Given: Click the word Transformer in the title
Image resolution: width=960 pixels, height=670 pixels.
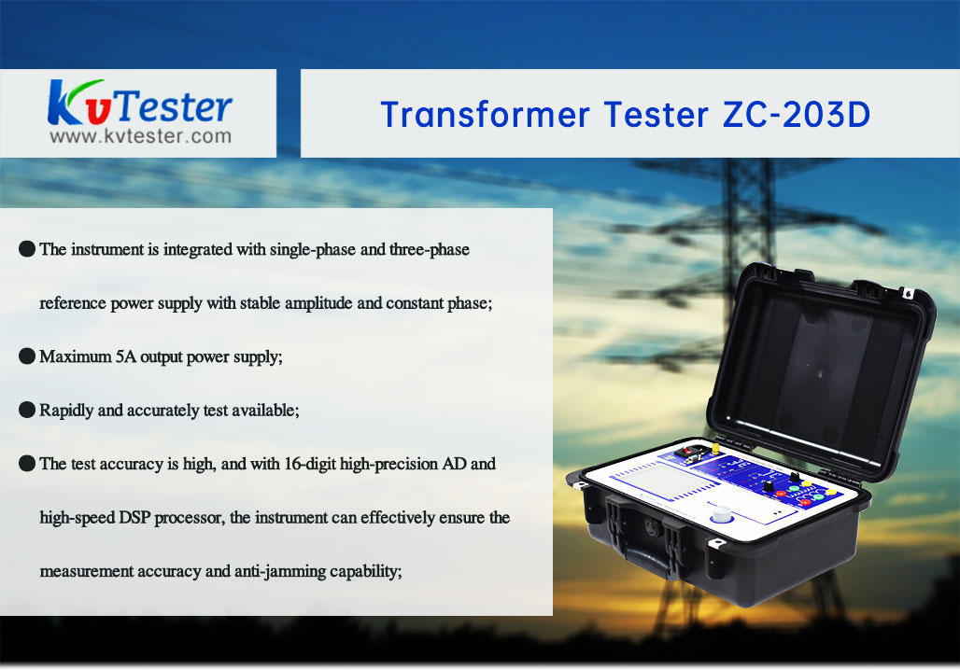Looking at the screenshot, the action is [486, 115].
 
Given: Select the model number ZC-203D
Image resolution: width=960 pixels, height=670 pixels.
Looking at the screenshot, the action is [796, 115].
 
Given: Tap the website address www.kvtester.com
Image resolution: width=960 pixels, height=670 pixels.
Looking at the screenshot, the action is [141, 136].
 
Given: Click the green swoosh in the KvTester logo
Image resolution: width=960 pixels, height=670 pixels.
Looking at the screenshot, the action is [86, 86].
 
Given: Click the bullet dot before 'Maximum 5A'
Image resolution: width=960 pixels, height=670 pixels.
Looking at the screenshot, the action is [27, 356].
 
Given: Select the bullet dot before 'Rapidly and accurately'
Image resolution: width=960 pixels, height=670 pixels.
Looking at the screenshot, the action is [27, 410].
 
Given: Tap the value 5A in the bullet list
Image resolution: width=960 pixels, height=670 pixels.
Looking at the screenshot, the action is [125, 356].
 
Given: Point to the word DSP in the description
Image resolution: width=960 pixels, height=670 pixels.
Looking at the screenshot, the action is [134, 518].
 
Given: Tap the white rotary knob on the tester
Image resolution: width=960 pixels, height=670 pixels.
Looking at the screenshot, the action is [721, 514].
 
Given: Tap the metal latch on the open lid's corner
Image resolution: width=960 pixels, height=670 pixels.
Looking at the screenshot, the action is [908, 293].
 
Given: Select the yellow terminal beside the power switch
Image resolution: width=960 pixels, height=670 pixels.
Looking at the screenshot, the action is [713, 449].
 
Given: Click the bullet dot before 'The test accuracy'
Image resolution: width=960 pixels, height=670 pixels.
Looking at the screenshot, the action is [27, 463].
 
